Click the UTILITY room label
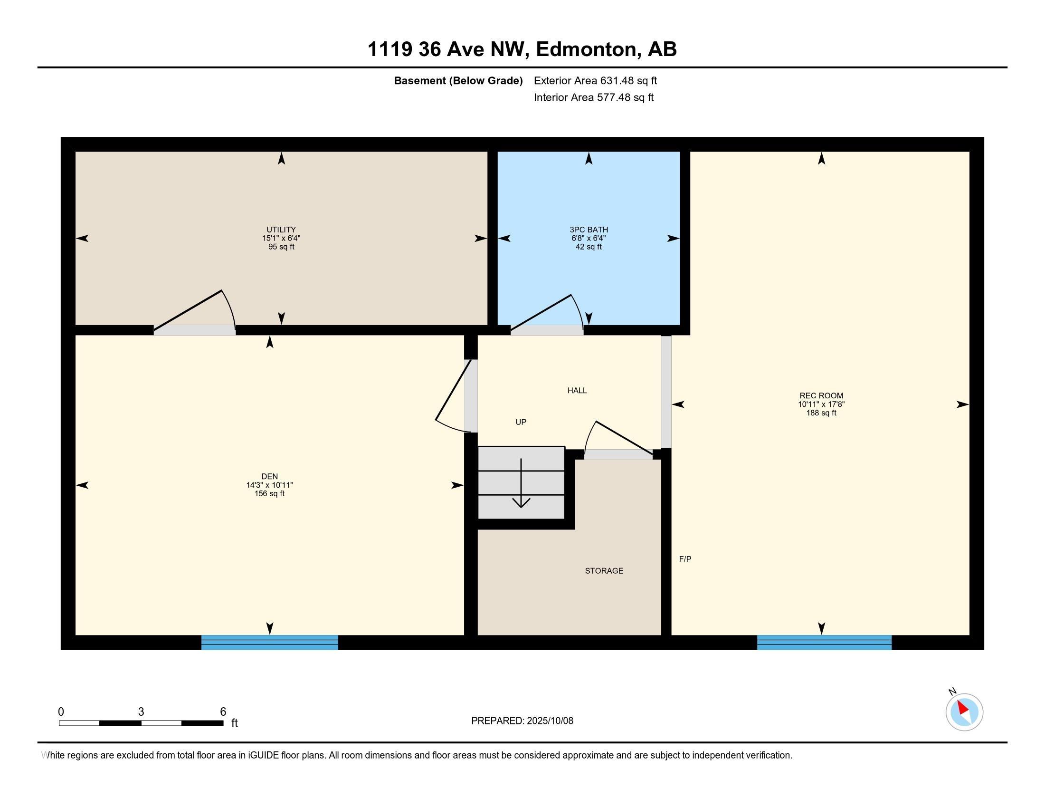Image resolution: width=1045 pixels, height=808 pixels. [x=281, y=230]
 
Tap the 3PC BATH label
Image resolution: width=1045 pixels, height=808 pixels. [x=589, y=230]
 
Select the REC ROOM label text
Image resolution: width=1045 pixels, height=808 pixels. [x=821, y=396]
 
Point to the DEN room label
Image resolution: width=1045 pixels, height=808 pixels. [x=269, y=476]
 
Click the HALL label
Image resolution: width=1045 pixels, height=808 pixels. [x=577, y=391]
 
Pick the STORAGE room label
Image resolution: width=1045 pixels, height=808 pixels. [x=604, y=570]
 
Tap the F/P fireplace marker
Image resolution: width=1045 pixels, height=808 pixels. [x=685, y=558]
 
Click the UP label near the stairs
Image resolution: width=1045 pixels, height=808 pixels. [x=521, y=422]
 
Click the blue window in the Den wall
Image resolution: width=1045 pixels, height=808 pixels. [x=269, y=643]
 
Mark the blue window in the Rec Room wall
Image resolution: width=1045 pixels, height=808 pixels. [x=824, y=643]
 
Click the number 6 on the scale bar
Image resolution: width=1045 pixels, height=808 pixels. [x=223, y=712]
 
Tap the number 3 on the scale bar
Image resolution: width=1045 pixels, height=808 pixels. [x=141, y=712]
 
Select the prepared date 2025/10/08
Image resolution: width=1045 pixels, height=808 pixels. [x=550, y=721]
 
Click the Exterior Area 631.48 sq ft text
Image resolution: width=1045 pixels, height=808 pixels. [x=595, y=81]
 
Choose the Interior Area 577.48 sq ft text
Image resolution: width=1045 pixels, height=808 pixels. [x=593, y=97]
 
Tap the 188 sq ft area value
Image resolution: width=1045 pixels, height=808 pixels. [x=821, y=413]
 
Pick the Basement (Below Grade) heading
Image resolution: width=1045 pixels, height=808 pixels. [x=458, y=81]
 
